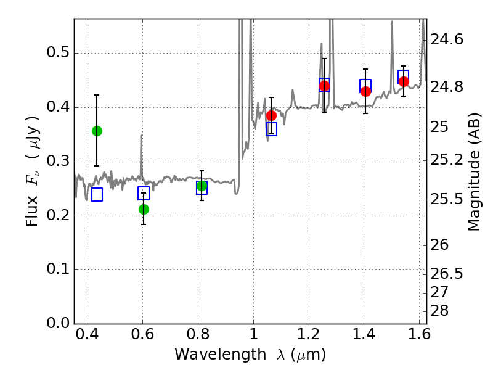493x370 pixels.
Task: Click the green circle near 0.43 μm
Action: point(97,131)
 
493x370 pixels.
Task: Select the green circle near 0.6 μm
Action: point(144,209)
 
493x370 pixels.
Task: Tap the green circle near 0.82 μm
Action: point(202,186)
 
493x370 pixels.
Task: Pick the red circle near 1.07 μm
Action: point(271,115)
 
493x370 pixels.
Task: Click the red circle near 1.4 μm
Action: point(365,91)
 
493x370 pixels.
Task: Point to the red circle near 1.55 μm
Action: point(404,82)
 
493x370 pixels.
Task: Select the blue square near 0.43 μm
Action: point(97,194)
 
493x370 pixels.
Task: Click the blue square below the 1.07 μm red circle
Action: point(271,129)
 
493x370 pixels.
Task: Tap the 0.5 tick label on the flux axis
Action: point(58,52)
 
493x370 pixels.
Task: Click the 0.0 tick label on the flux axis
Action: point(58,323)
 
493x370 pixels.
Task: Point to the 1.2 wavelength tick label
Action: point(309,334)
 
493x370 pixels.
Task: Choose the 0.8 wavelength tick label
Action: point(198,334)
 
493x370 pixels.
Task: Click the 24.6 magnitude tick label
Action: point(447,39)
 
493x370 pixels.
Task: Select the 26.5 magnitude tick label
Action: point(447,274)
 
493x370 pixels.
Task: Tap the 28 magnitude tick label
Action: point(439,311)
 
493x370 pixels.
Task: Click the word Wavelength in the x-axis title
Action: point(221,354)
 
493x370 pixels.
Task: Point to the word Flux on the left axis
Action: point(32,211)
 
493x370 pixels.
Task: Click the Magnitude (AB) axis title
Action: point(475,172)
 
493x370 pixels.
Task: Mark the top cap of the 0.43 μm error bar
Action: point(97,95)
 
